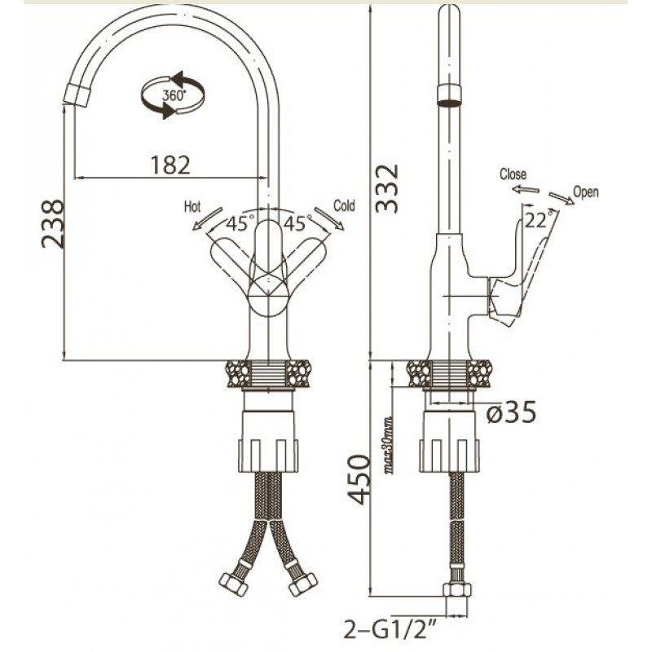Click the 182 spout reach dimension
point(170,164)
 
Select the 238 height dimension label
point(53,223)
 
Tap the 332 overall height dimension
point(388,188)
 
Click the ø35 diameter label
point(511,413)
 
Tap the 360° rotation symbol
point(172,95)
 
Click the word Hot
point(193,206)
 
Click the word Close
point(513,174)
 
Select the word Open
point(586,192)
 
